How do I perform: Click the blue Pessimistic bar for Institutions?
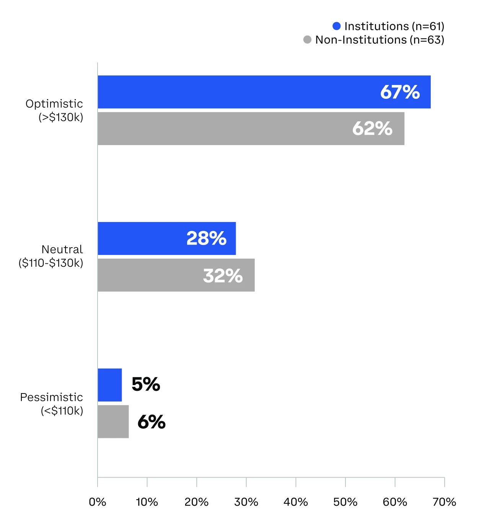110,385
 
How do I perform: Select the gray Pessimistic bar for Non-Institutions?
113,421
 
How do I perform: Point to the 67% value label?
400,92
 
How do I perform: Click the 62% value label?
372,129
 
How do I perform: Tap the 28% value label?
206,238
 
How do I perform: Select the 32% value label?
223,276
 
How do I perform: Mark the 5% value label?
146,384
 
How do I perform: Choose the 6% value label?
152,422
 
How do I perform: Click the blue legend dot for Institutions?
337,26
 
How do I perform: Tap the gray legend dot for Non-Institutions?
307,40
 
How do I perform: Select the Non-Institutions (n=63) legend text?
380,40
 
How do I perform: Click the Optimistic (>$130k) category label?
54,110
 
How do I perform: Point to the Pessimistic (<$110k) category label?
52,404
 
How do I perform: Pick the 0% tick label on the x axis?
98,502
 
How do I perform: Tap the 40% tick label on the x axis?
296,502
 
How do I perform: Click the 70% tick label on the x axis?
444,502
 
